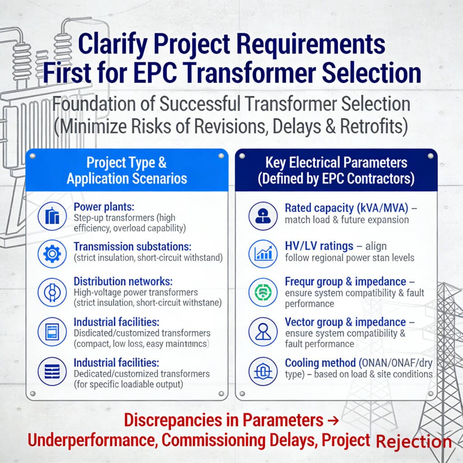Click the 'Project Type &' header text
[x=127, y=162]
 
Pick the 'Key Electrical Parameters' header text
[x=336, y=162]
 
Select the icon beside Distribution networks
[x=52, y=292]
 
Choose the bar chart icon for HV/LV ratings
[x=263, y=254]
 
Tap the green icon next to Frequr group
[x=263, y=292]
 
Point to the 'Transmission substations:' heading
[x=132, y=246]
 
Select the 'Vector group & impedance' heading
[x=345, y=322]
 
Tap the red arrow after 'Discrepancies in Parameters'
[x=332, y=420]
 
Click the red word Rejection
[x=413, y=441]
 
